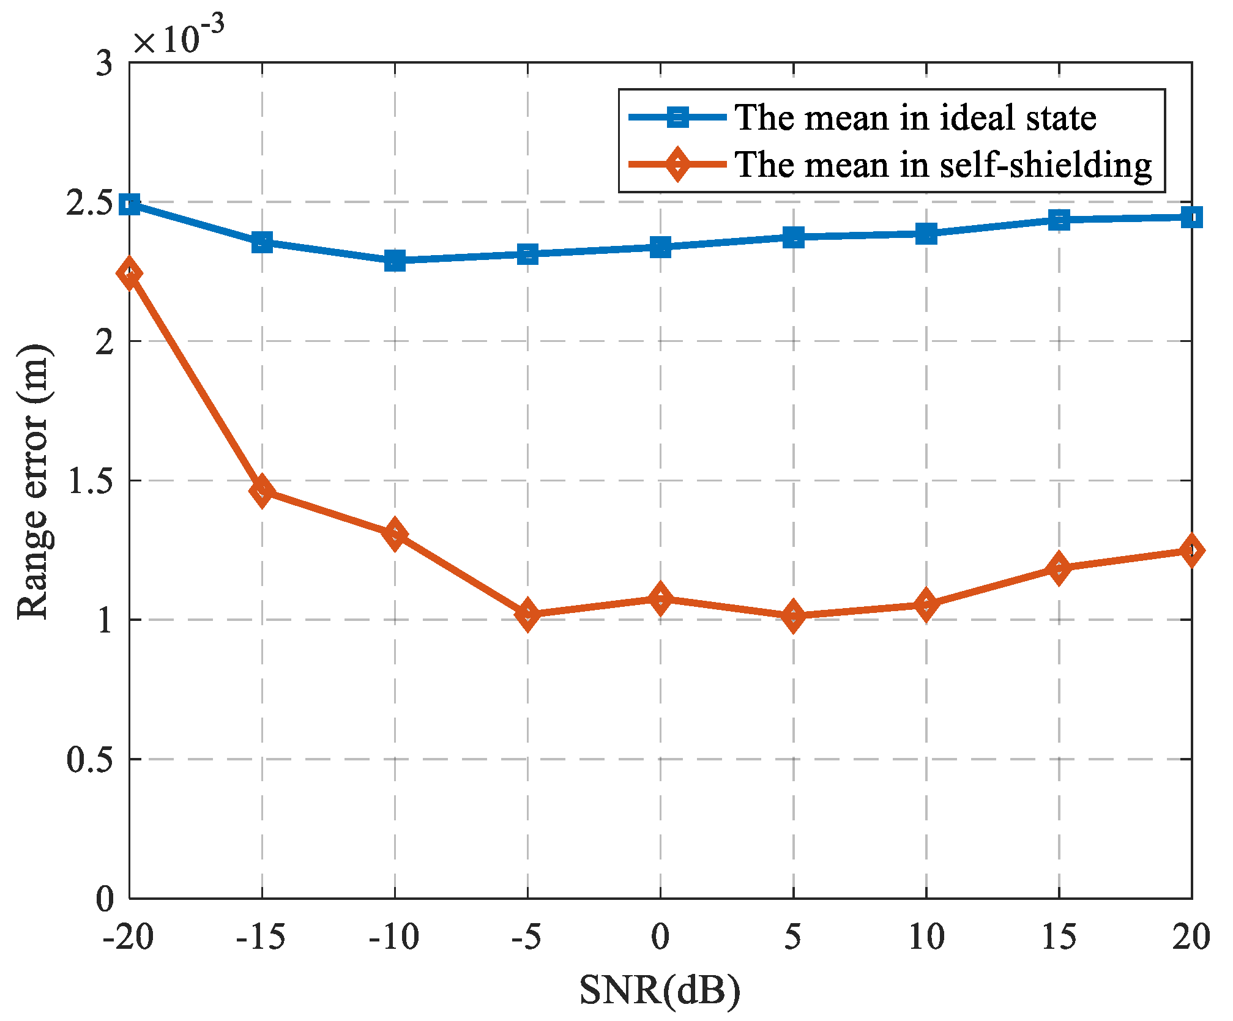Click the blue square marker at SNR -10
[395, 261]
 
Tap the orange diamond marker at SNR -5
[527, 614]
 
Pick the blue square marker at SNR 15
[1059, 219]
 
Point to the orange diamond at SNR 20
[1191, 550]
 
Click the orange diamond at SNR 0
[660, 598]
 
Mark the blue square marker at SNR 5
[794, 237]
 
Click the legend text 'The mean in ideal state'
[915, 117]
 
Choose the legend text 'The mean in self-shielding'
[943, 165]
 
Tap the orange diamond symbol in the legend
[677, 164]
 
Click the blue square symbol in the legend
[677, 117]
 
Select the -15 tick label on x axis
[261, 937]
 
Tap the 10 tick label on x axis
[926, 937]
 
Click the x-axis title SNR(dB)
[660, 990]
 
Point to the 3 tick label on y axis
[105, 64]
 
